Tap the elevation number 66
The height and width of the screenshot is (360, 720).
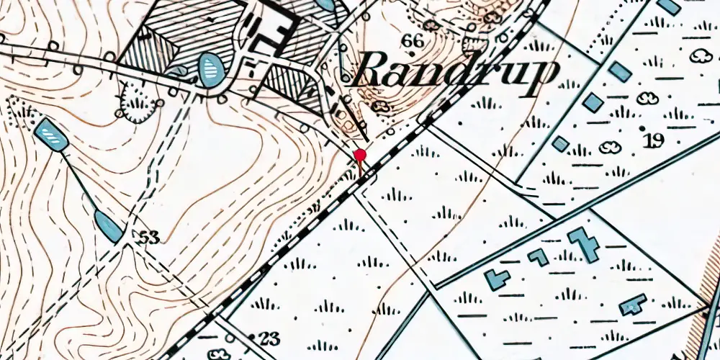pos(413,41)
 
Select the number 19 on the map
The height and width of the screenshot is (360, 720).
pos(654,140)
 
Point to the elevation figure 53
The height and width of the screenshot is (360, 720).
pos(149,236)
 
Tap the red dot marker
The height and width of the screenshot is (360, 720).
pos(360,155)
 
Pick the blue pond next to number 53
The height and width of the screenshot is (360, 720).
pos(109,225)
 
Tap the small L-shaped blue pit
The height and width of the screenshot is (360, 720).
pos(538,257)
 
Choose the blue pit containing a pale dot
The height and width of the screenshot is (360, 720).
pos(632,305)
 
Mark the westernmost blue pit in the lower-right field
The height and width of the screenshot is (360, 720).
pos(497,278)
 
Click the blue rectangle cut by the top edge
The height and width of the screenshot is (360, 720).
pos(669,6)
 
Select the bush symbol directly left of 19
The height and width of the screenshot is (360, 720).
pos(611,148)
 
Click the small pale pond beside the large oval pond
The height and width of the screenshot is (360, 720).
pos(177,70)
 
